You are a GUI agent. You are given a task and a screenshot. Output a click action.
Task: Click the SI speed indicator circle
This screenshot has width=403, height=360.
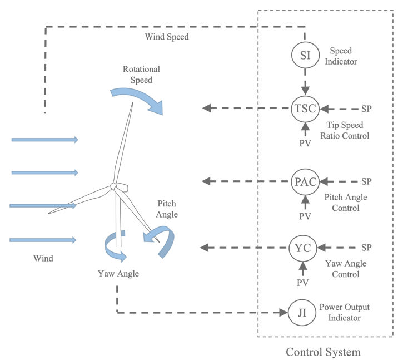pos(305,55)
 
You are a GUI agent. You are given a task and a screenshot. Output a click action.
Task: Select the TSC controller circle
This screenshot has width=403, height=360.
pos(305,109)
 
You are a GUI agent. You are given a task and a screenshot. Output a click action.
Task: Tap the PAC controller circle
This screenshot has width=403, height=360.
pos(305,182)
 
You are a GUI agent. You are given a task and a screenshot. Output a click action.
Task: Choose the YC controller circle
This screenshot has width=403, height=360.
pos(303,248)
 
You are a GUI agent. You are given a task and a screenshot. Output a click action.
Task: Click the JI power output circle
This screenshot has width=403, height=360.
pos(302,313)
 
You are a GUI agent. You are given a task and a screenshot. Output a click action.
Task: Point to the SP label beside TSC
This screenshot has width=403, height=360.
pos(366,109)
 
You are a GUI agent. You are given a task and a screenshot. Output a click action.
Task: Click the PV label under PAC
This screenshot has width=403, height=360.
pos(305,216)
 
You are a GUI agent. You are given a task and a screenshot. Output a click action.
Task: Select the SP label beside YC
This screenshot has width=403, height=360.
pos(366,248)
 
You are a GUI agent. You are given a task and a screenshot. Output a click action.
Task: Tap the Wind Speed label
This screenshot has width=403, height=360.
pos(167,37)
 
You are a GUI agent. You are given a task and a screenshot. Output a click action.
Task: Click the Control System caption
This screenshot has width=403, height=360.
pos(323,352)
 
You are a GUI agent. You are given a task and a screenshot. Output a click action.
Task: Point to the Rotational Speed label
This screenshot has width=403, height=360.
pos(141,75)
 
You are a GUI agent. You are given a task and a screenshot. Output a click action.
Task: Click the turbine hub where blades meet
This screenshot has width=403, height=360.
pos(113,186)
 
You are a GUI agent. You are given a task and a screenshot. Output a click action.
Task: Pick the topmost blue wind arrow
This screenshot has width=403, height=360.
pos(44,140)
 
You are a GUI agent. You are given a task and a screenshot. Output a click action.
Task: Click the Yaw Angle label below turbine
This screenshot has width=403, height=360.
pos(118,274)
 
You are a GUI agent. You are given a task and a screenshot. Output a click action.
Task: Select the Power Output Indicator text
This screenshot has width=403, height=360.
pos(344,312)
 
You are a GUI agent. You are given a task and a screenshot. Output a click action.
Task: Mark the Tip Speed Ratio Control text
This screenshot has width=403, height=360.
pos(345,130)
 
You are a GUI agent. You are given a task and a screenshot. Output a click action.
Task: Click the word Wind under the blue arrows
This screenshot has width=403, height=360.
pos(43,258)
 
